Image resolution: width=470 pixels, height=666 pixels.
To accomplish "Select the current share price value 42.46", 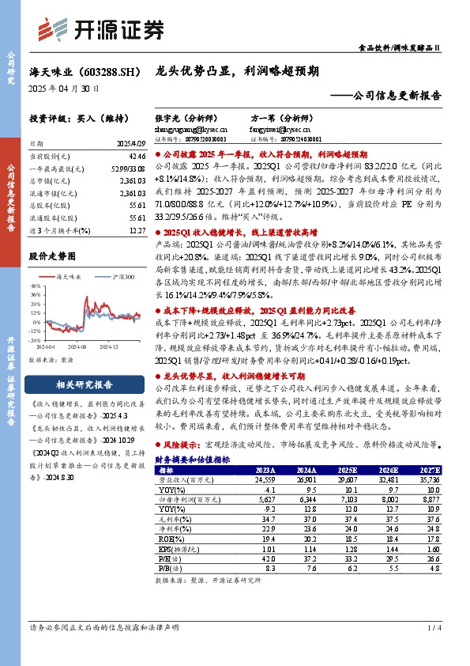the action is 137,157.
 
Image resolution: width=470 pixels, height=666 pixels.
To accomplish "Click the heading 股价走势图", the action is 52,256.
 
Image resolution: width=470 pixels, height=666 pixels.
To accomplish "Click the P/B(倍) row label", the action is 170,567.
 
